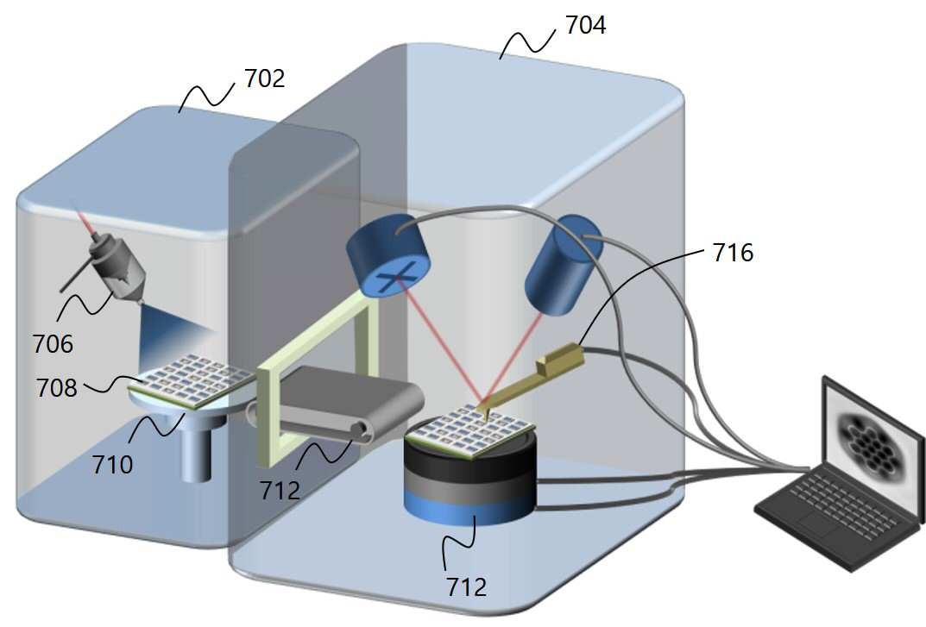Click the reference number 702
click(x=265, y=78)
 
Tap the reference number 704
click(x=585, y=25)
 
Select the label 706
click(x=54, y=343)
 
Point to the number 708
click(x=57, y=388)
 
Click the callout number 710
click(x=112, y=465)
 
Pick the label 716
click(x=733, y=253)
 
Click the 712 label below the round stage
click(x=467, y=586)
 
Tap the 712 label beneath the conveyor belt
click(x=280, y=490)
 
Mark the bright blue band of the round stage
click(x=469, y=510)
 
